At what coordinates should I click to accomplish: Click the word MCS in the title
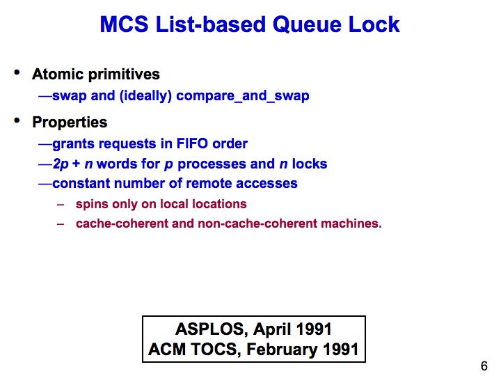(124, 24)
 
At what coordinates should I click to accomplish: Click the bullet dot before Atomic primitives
(17, 72)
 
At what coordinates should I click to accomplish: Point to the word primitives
(124, 75)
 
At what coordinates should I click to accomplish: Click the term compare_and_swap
(243, 96)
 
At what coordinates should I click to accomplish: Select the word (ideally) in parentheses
(145, 96)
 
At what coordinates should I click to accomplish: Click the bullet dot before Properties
(17, 120)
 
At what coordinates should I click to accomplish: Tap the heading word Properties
(70, 123)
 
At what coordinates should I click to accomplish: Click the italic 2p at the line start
(61, 164)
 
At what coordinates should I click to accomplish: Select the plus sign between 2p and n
(76, 164)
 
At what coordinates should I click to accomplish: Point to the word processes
(212, 164)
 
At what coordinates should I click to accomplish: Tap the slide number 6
(484, 366)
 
